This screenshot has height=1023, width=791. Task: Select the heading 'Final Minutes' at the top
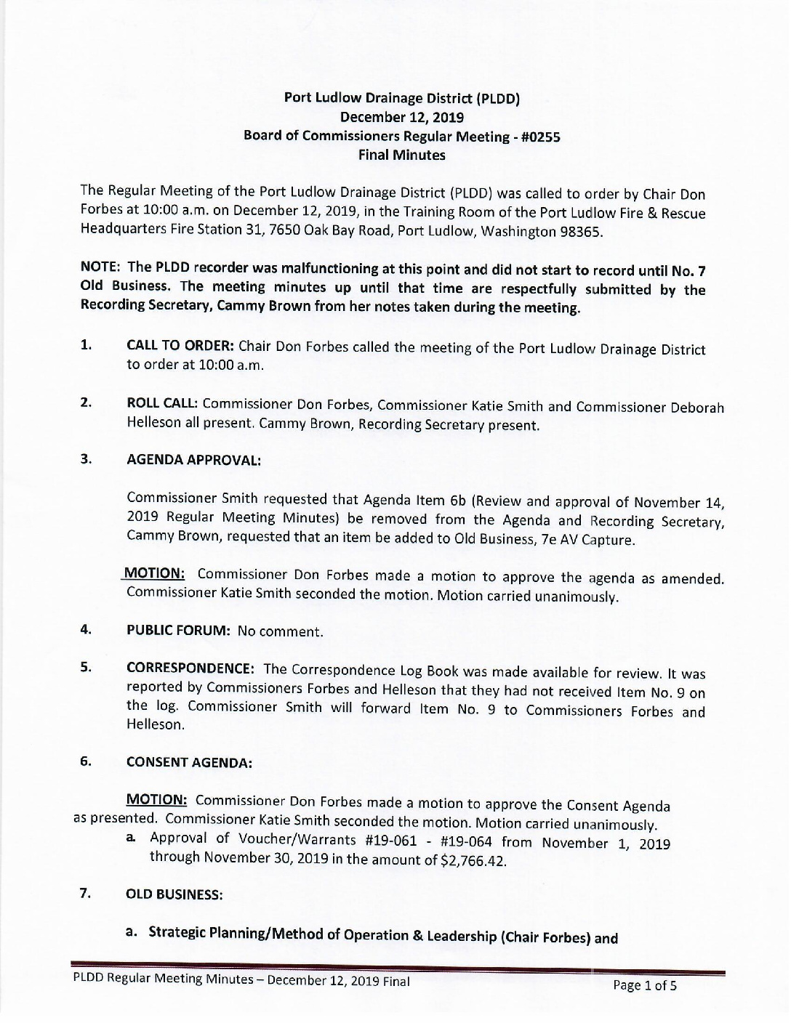[x=401, y=155]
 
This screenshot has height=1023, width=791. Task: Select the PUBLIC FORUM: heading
[x=178, y=631]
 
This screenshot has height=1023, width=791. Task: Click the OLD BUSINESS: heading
[x=174, y=894]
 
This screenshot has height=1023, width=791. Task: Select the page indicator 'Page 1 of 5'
[x=644, y=986]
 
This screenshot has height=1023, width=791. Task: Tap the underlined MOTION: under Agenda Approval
[x=155, y=573]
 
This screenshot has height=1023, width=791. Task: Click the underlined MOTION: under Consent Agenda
[x=157, y=800]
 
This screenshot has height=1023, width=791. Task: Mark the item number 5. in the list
[x=85, y=667]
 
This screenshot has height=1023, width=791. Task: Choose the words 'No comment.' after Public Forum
[x=280, y=631]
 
